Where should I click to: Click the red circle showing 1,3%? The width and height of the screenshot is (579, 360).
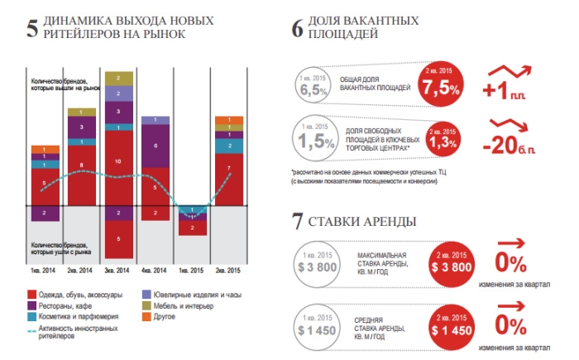443,140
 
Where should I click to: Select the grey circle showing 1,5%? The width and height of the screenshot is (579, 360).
313,141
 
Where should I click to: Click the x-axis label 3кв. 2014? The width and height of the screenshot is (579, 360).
118,271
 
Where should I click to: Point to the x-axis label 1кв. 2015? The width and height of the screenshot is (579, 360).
192,271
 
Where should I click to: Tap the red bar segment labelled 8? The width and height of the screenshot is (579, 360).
81,166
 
